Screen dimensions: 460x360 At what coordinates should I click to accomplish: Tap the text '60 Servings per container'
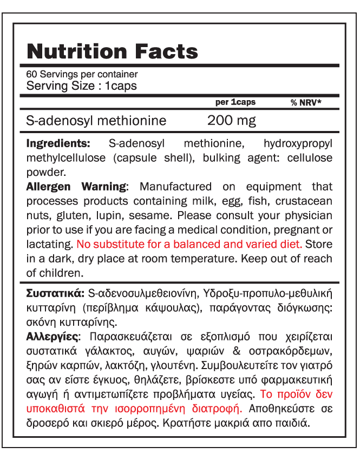82,74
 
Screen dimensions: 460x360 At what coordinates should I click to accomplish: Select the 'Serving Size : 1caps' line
81,86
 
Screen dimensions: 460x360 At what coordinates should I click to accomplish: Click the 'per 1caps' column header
235,102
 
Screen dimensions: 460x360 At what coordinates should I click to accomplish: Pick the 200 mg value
232,120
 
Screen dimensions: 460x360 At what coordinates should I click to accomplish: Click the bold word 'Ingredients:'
58,144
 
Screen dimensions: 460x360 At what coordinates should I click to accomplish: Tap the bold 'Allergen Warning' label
76,187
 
